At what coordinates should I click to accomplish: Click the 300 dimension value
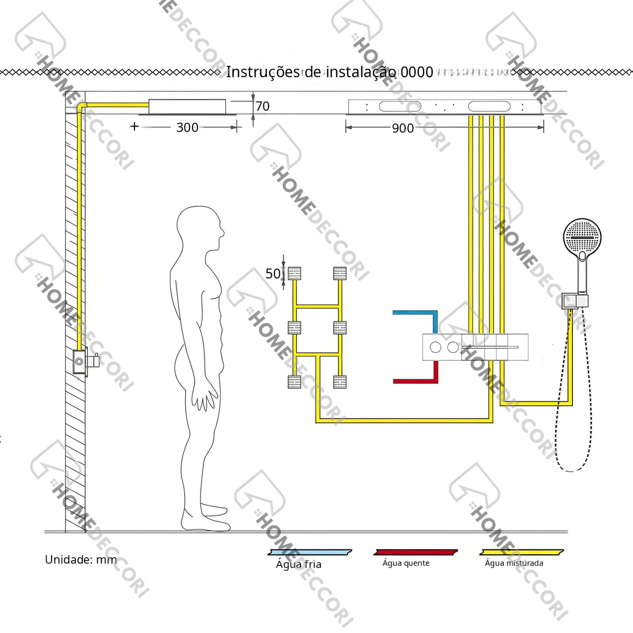(x=187, y=128)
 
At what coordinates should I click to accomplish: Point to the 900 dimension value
(x=402, y=128)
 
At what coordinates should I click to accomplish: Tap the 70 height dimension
(x=263, y=106)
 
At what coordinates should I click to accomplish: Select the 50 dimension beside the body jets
(x=273, y=274)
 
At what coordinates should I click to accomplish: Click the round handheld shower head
(x=582, y=237)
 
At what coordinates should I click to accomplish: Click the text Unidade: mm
(x=81, y=560)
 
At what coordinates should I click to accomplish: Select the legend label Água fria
(x=299, y=564)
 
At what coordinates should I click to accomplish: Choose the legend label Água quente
(x=406, y=563)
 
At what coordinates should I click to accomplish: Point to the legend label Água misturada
(x=514, y=563)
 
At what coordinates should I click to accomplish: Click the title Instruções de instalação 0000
(x=330, y=72)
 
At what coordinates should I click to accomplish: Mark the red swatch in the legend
(x=416, y=552)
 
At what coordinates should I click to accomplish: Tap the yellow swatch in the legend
(x=522, y=552)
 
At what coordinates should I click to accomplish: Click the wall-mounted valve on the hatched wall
(x=85, y=361)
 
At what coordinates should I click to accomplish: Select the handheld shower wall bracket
(x=575, y=301)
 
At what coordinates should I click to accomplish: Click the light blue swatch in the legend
(x=310, y=552)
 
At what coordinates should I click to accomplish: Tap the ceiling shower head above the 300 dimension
(x=187, y=107)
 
